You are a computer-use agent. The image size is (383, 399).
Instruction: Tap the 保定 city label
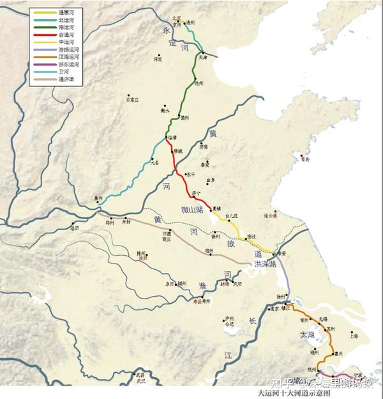(158, 59)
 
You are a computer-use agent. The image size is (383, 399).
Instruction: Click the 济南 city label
(203, 146)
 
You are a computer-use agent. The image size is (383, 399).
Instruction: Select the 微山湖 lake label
(192, 210)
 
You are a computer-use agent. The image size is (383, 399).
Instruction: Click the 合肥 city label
(230, 324)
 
